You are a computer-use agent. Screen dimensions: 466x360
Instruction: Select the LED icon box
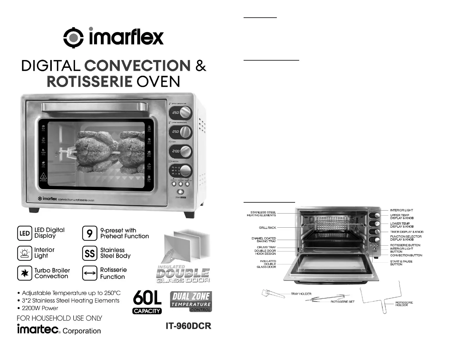pyautogui.click(x=24, y=233)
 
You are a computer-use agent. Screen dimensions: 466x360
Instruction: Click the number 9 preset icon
pyautogui.click(x=89, y=233)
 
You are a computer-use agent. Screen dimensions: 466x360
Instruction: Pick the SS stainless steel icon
pyautogui.click(x=89, y=253)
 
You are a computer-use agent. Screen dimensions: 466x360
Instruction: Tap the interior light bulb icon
pyautogui.click(x=24, y=253)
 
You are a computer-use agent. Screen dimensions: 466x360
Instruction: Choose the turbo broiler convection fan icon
pyautogui.click(x=24, y=273)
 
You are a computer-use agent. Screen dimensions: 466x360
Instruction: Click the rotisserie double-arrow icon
pyautogui.click(x=89, y=273)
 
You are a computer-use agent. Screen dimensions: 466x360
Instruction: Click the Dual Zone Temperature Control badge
pyautogui.click(x=191, y=301)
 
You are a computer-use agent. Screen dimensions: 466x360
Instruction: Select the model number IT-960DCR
pyautogui.click(x=189, y=326)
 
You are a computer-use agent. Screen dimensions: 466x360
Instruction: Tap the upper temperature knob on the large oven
pyautogui.click(x=185, y=112)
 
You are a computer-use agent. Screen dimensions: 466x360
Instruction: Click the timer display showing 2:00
pyautogui.click(x=175, y=151)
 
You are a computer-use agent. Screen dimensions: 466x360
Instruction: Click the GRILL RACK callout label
pyautogui.click(x=267, y=228)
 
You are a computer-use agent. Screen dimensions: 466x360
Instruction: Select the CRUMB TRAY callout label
pyautogui.click(x=266, y=247)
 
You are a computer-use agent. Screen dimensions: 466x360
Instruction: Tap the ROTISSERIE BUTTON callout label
pyautogui.click(x=405, y=245)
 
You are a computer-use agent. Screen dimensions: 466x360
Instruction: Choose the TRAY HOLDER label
pyautogui.click(x=301, y=294)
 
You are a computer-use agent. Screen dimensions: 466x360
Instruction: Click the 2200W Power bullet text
pyautogui.click(x=40, y=308)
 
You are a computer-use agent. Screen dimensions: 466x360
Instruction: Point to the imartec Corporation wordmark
pyautogui.click(x=59, y=330)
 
